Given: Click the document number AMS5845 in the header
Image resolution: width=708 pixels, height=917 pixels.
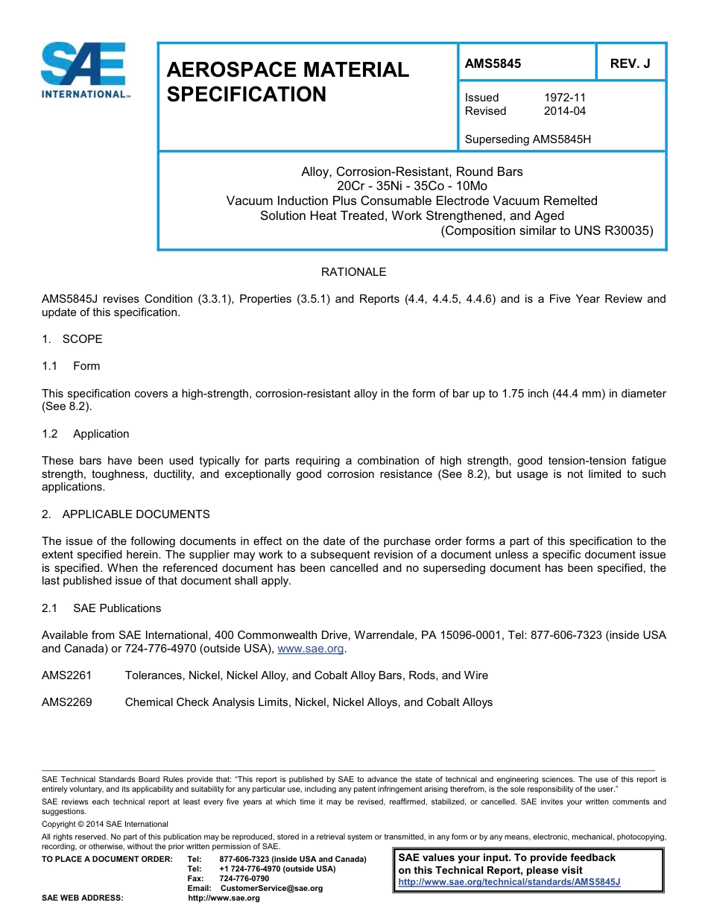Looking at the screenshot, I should [493, 64].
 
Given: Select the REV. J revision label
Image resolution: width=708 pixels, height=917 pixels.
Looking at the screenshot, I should [630, 64].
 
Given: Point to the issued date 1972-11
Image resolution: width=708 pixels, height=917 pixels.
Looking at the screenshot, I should [564, 98].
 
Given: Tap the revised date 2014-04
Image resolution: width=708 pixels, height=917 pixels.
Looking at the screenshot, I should [564, 111].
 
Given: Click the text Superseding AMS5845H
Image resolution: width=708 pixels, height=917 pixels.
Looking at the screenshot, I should [528, 139].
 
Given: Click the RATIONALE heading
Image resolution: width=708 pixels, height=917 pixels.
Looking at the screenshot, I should [353, 272].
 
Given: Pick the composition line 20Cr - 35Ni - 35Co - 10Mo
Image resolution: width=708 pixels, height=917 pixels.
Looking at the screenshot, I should [411, 186].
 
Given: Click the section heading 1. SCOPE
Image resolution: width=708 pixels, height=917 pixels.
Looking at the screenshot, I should [72, 339].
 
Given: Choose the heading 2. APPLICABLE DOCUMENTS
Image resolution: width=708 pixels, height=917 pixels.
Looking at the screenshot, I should [126, 514].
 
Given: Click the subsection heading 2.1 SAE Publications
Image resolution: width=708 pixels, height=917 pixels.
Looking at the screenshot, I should [101, 608].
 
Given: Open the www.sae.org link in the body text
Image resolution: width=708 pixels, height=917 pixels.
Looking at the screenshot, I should [310, 649].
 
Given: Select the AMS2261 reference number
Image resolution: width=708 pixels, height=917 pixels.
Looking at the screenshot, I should [67, 675].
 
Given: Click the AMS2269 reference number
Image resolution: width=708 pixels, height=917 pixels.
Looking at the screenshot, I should [67, 702].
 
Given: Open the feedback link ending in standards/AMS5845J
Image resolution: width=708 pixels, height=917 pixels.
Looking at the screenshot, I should [509, 882].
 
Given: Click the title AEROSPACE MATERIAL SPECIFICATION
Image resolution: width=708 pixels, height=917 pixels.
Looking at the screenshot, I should [288, 82].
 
